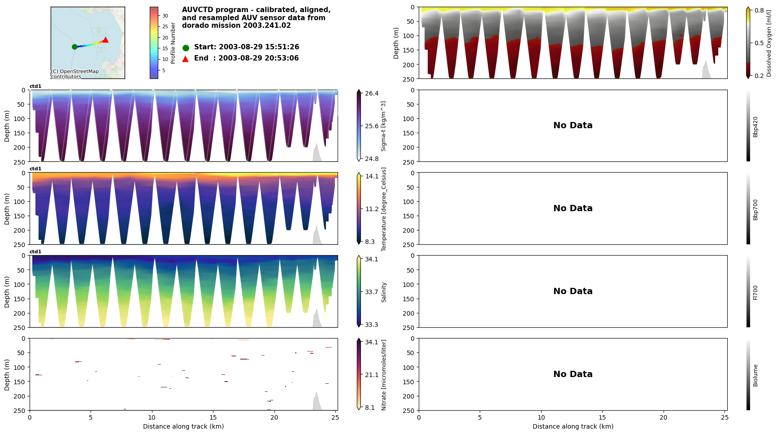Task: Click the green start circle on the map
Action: [x=74, y=47]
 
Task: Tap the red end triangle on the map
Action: [x=105, y=40]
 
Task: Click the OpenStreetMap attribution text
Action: [x=74, y=74]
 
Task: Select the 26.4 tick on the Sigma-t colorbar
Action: [x=371, y=93]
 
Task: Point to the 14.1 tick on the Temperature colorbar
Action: [x=371, y=176]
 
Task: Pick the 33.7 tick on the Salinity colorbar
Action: [x=371, y=292]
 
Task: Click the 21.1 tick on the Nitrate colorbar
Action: [x=371, y=375]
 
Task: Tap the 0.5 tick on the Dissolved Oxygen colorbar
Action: [x=759, y=43]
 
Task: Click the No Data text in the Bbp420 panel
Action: [x=573, y=126]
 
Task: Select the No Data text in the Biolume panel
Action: [x=573, y=374]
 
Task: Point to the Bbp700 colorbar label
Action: [x=755, y=210]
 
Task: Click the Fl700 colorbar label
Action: [x=755, y=292]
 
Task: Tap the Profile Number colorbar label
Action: [x=173, y=43]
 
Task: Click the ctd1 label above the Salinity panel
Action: [x=35, y=252]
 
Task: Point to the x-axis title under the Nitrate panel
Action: [x=183, y=426]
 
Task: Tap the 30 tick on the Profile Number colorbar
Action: [x=165, y=16]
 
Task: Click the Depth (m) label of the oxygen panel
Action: [x=396, y=43]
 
